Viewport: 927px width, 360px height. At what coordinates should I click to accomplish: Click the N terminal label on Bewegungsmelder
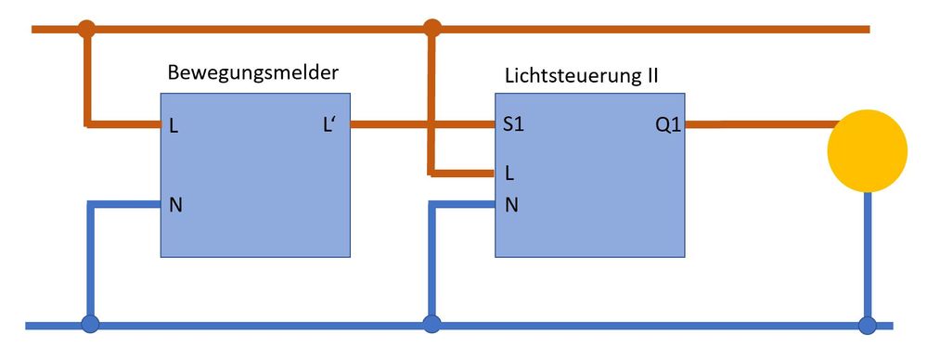click(175, 204)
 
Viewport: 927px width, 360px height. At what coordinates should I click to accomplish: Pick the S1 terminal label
click(513, 125)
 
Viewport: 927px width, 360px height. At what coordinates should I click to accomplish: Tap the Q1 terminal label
click(668, 125)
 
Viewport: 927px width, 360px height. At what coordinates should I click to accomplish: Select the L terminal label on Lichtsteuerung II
click(509, 173)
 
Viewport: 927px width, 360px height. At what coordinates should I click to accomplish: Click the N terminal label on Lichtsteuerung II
click(510, 205)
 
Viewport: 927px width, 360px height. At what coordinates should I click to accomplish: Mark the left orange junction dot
click(86, 28)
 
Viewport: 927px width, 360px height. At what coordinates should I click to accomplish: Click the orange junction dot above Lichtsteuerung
click(431, 28)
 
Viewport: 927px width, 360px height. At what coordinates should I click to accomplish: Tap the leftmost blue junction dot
click(90, 325)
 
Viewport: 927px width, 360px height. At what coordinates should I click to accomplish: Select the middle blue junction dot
click(431, 325)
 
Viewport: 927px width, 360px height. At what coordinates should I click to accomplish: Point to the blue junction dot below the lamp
click(867, 325)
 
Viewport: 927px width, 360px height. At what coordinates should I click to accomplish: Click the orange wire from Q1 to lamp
click(756, 124)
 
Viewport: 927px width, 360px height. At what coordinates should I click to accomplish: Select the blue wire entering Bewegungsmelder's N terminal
click(125, 204)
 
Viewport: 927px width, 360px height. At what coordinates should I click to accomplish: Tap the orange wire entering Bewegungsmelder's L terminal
click(125, 124)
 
